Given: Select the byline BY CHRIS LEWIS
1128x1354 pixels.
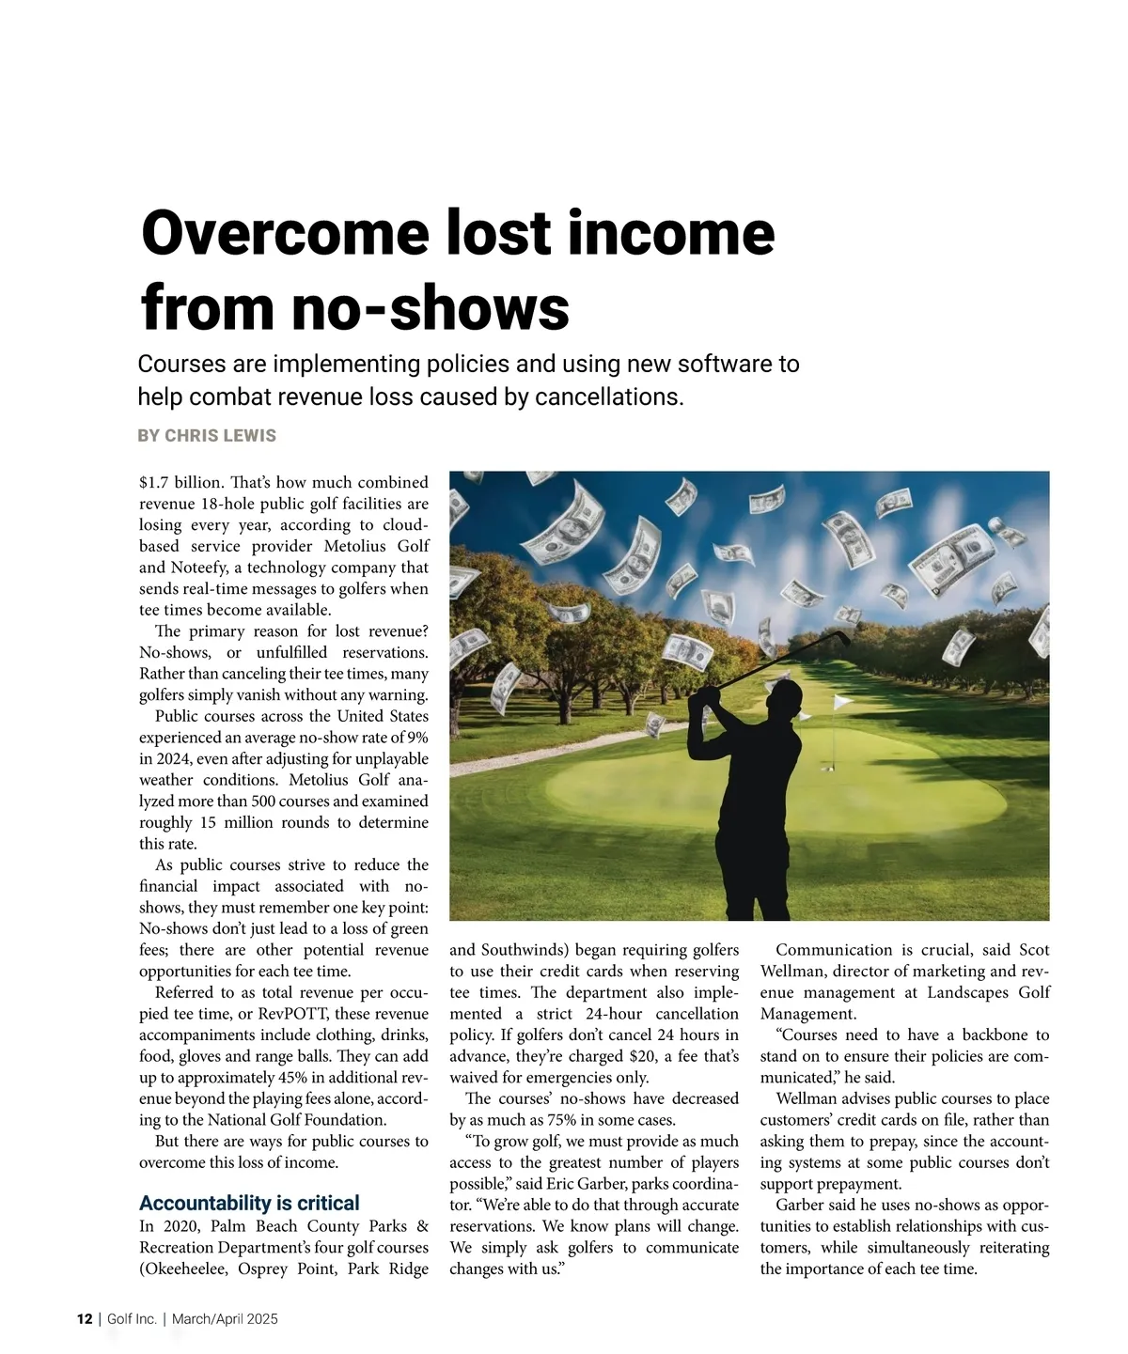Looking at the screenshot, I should (207, 436).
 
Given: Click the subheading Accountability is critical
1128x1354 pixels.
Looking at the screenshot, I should (249, 1204).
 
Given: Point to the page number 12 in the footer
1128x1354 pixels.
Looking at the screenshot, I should (85, 1319).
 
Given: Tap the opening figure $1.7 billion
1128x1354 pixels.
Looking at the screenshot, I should (180, 483).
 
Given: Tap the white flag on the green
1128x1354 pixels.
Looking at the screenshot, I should (844, 701).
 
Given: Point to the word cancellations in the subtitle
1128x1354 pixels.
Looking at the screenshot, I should (607, 397).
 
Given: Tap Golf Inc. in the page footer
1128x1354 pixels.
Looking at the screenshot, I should (132, 1319).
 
